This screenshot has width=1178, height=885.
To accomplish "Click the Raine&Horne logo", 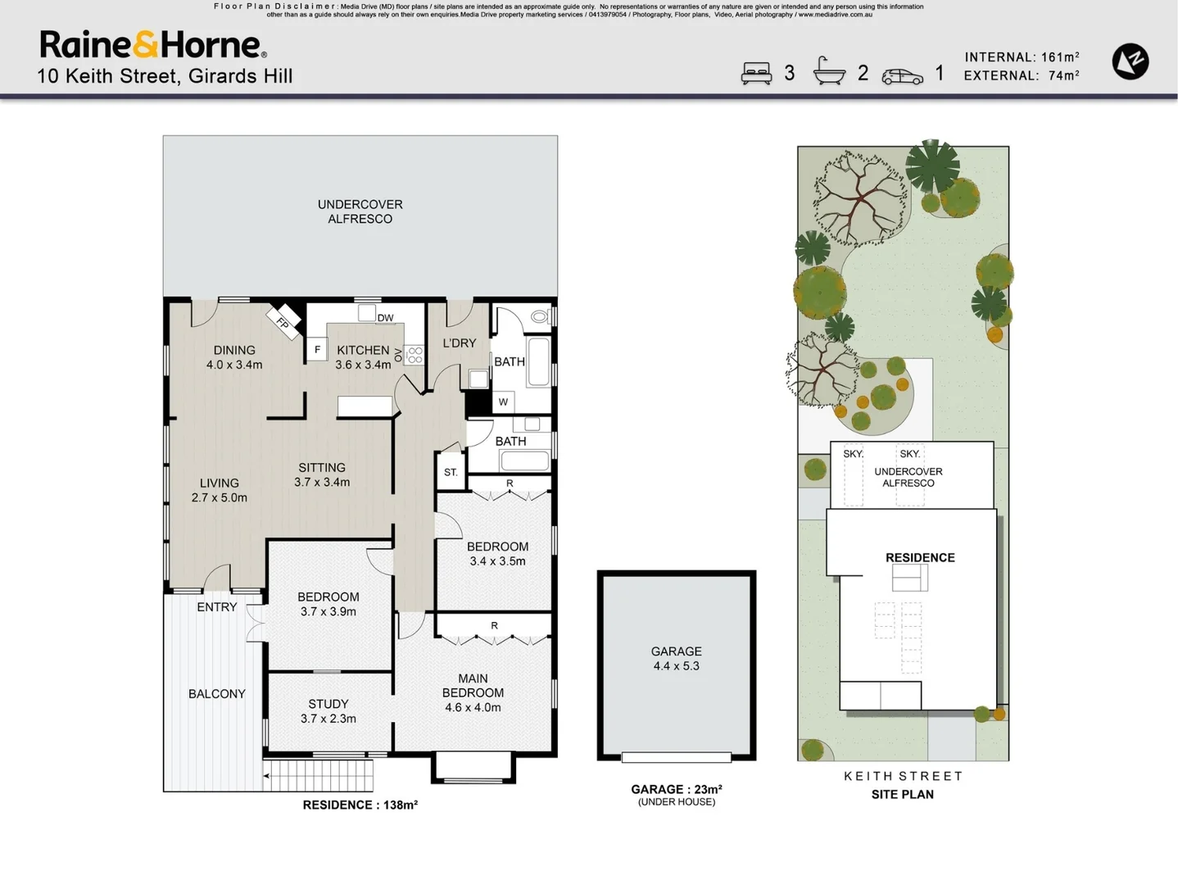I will (x=152, y=45).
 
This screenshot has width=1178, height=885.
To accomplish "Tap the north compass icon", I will (x=1130, y=61).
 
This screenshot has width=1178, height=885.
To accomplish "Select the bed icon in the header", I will (x=756, y=74).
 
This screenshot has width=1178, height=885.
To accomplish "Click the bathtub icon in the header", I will (x=829, y=72).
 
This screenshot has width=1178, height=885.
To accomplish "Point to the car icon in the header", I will (x=902, y=76).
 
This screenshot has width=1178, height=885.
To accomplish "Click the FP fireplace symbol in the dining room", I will (x=283, y=321).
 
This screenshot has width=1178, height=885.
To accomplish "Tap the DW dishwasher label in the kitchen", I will (x=385, y=318).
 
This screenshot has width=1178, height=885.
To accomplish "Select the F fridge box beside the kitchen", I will (x=317, y=350).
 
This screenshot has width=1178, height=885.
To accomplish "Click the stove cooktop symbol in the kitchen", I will (x=415, y=355).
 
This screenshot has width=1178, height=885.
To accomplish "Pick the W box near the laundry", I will (x=503, y=402).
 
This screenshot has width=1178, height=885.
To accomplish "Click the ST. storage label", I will (x=451, y=473).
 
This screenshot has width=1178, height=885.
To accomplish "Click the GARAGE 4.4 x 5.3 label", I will (x=676, y=659).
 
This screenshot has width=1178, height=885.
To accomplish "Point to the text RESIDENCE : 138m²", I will (x=360, y=805).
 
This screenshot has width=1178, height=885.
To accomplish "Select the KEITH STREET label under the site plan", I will (x=903, y=776).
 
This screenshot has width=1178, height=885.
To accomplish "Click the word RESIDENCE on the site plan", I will (x=919, y=557).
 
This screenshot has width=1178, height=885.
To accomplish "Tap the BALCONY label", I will (x=216, y=694).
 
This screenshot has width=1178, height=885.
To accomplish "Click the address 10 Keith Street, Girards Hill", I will (x=165, y=76).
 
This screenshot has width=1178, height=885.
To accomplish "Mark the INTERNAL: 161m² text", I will (x=1022, y=57).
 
